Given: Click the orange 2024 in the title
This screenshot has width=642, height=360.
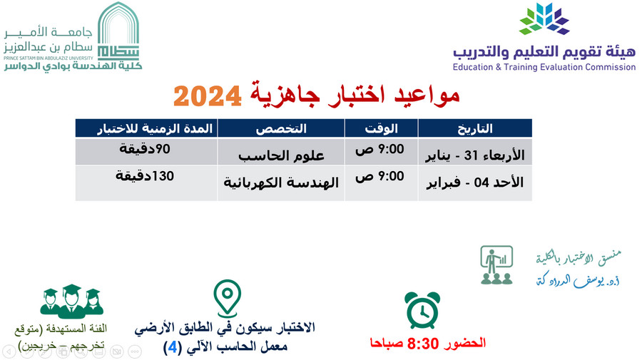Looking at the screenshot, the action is (208, 96).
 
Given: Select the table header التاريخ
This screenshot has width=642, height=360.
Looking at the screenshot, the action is (475, 128).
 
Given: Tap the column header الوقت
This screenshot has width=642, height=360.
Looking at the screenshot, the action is (381, 128).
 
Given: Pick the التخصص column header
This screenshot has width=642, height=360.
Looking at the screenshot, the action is (281, 128).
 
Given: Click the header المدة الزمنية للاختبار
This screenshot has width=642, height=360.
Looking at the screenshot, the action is (155, 128).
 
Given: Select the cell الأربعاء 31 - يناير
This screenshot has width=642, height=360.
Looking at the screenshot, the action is (475, 155).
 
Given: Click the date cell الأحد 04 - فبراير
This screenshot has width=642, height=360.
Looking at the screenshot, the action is (475, 182).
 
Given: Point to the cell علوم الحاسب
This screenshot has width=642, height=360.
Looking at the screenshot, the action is (281, 155).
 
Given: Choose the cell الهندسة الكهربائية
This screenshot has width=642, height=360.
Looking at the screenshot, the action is (281, 182).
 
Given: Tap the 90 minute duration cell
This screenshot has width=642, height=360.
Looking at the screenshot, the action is (145, 149).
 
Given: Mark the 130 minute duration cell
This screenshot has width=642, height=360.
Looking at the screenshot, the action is (145, 176).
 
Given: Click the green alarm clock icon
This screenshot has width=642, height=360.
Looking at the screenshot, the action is (422, 310).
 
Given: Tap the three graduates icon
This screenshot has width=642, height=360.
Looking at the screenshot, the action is (71, 302).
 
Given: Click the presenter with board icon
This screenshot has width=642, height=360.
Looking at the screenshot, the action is (496, 265).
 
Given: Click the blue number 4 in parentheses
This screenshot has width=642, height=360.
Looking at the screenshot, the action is (173, 348).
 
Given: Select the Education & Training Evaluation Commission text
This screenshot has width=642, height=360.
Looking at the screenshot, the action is (544, 67).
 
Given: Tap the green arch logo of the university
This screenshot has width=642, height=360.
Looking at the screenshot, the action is (118, 31).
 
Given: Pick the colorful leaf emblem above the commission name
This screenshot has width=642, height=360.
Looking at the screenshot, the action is (544, 19).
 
